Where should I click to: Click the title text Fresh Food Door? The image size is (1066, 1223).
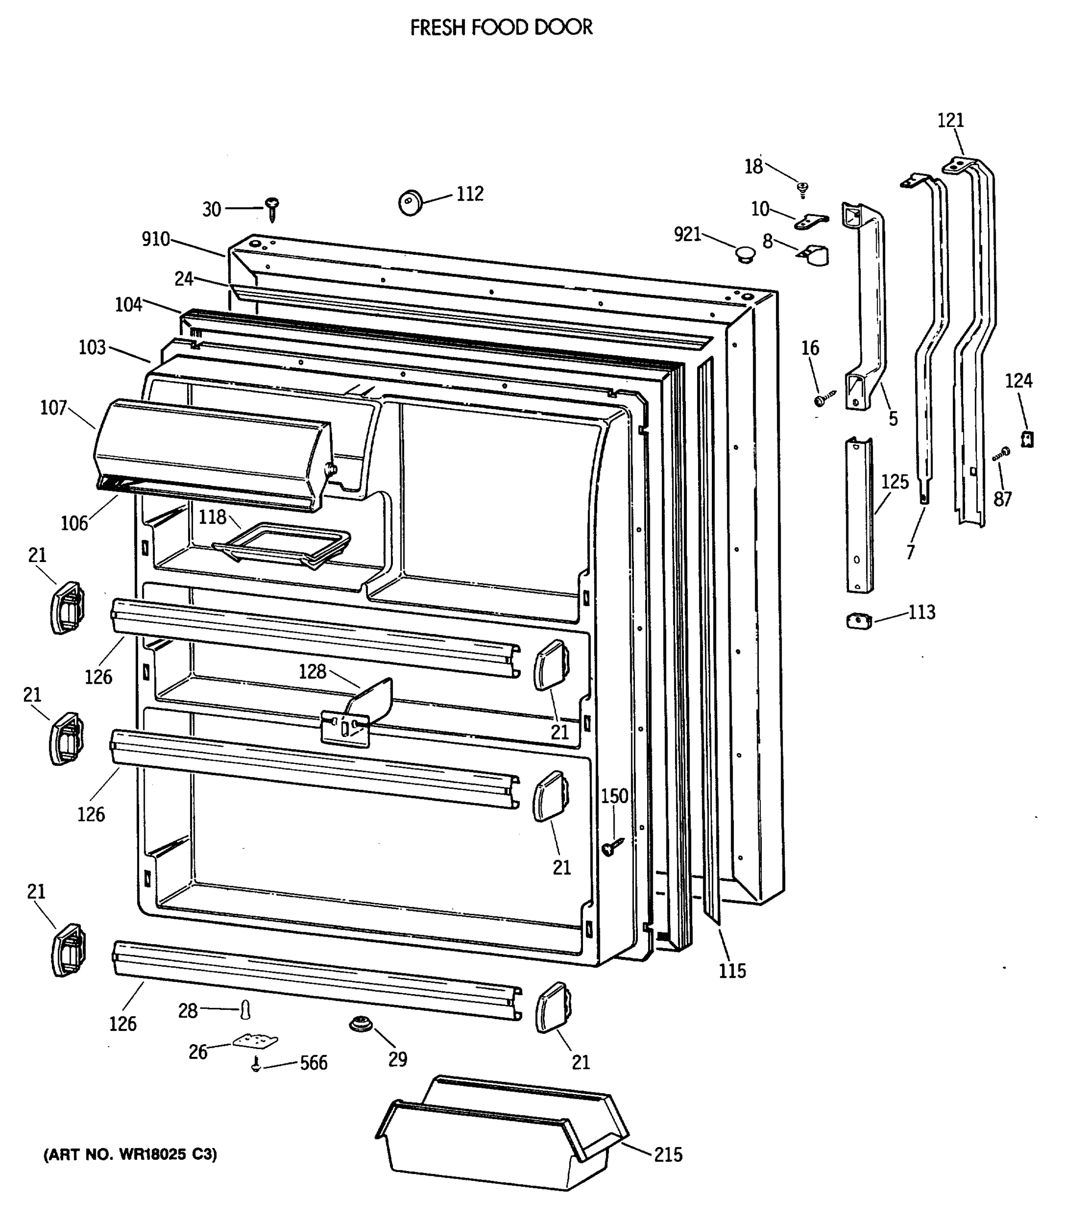501,28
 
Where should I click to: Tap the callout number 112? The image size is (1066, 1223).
470,194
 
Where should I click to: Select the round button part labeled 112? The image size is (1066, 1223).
410,202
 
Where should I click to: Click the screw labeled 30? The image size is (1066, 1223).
273,209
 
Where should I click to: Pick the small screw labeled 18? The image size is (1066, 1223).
802,189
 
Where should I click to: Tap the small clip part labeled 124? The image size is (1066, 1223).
1027,439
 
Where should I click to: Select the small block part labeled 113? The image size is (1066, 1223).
859,622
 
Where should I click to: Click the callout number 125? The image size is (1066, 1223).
895,482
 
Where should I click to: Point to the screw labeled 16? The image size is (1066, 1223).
823,399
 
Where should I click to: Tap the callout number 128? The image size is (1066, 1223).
312,672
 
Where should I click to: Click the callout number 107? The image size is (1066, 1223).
53,408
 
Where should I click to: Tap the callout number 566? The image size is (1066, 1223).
313,1063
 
